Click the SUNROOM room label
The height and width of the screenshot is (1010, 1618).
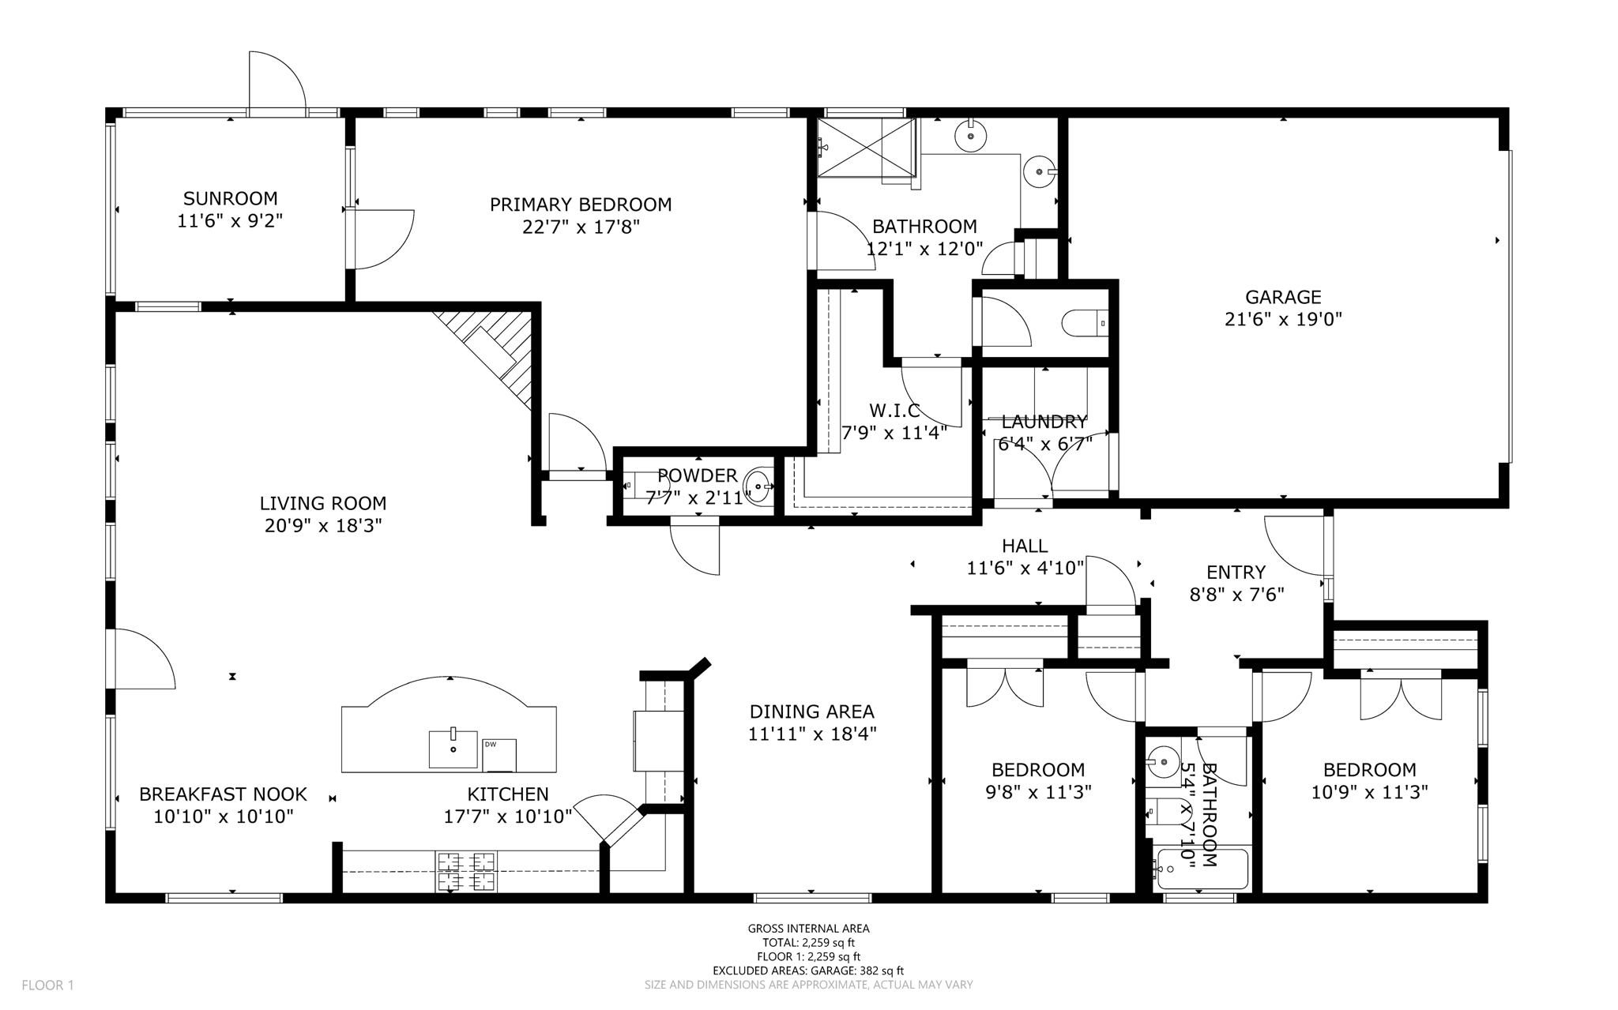point(230,198)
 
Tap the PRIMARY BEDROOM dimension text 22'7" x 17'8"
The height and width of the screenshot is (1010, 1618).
point(580,227)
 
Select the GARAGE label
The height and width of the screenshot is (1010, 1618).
point(1282,297)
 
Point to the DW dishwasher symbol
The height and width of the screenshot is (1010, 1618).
point(499,755)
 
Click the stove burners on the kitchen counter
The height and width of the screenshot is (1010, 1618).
point(465,871)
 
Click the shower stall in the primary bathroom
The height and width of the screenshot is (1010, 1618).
point(866,148)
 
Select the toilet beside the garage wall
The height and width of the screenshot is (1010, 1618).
point(1085,323)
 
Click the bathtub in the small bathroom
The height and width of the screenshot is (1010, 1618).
point(1201,869)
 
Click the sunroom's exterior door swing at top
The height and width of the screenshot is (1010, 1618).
point(277,84)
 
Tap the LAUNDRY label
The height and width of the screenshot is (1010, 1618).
point(1044,422)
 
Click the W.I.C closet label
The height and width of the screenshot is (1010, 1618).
point(894,411)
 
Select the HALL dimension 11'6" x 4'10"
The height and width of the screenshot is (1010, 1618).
point(1025,568)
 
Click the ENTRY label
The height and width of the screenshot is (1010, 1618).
point(1236,572)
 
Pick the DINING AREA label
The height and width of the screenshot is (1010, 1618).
point(811,712)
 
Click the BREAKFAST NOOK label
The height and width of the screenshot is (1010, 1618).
point(223,794)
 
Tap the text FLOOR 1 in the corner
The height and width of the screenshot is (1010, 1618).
point(47,985)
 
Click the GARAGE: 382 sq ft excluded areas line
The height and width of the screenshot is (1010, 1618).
point(808,971)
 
